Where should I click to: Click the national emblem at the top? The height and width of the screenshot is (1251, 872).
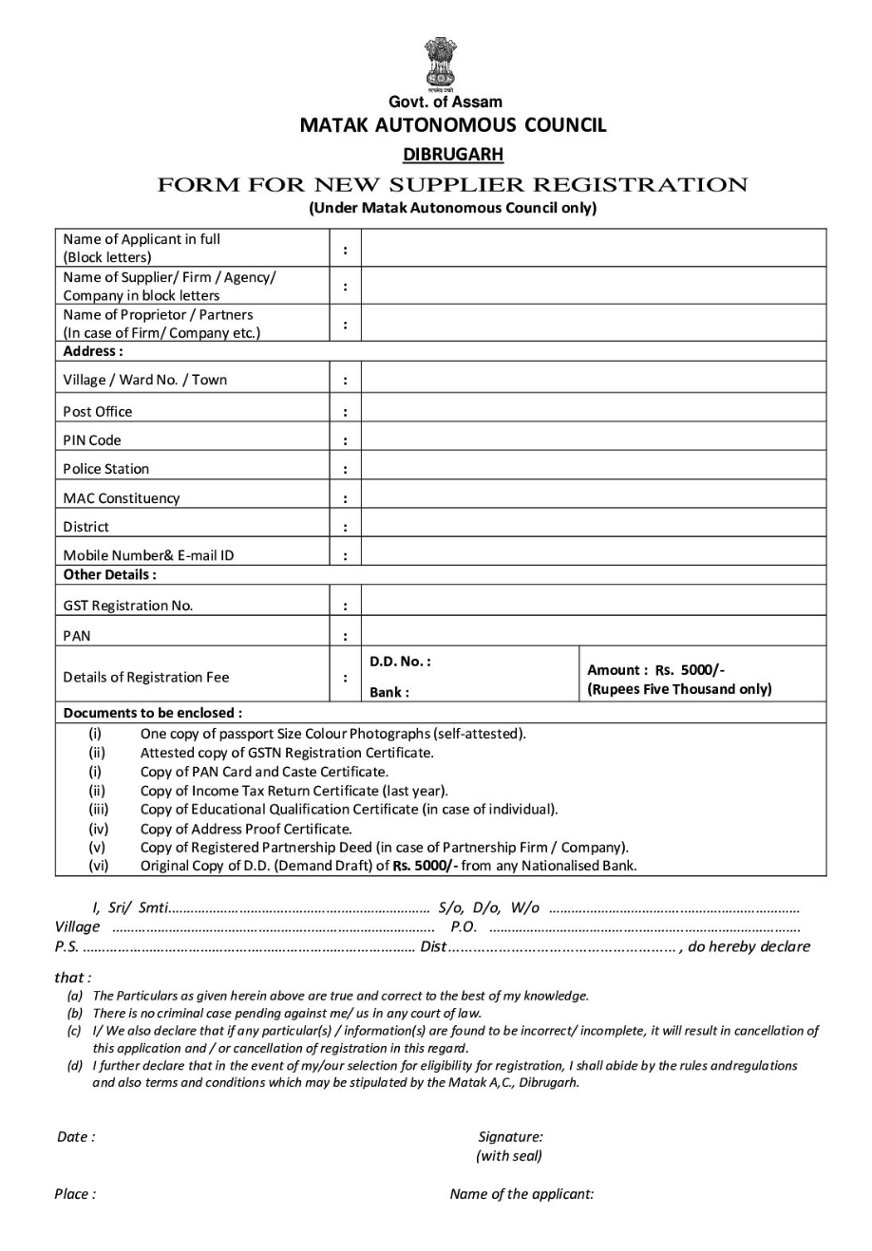(440, 63)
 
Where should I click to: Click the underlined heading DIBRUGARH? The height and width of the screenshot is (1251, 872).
(452, 154)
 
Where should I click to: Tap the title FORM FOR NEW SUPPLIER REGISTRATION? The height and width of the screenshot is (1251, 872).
(452, 184)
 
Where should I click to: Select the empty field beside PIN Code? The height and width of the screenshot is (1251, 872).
(594, 440)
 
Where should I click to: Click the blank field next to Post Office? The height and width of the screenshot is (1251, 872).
(594, 411)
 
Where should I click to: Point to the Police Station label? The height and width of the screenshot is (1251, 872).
(105, 469)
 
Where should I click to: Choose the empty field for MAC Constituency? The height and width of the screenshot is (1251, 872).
(594, 497)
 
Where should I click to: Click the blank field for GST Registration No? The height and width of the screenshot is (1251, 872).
(594, 605)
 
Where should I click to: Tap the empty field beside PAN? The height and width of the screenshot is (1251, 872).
(594, 635)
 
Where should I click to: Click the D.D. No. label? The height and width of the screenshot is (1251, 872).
(400, 662)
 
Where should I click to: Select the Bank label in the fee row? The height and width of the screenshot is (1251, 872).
(389, 692)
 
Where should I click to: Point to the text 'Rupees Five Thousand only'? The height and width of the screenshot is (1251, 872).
(679, 689)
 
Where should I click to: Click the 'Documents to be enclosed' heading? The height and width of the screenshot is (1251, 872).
(152, 712)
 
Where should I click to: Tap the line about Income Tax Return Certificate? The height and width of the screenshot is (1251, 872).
(294, 790)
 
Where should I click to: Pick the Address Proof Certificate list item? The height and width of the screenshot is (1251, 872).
(246, 828)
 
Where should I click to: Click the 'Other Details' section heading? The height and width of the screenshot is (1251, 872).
(109, 574)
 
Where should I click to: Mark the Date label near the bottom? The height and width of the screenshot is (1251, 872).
(76, 1136)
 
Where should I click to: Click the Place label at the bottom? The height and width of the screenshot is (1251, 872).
(75, 1194)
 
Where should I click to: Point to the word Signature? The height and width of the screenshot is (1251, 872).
(510, 1136)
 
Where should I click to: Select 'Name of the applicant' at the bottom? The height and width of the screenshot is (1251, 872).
(521, 1194)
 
